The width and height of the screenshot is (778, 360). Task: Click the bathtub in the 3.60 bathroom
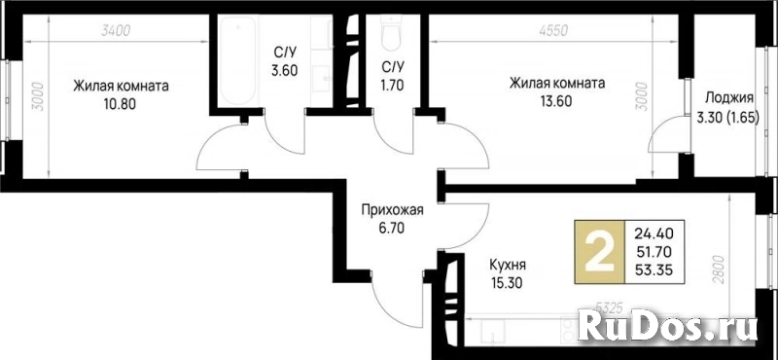[238, 60]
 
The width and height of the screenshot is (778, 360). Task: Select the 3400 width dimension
[115, 31]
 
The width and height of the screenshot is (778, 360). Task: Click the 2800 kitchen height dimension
[720, 269]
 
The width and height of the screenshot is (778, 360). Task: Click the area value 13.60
[556, 101]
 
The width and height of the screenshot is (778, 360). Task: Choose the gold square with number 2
[599, 252]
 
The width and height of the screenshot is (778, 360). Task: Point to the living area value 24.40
[654, 232]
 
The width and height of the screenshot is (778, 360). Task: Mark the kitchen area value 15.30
[506, 283]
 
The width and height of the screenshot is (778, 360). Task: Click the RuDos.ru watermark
[667, 327]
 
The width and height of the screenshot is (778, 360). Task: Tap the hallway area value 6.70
[392, 229]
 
